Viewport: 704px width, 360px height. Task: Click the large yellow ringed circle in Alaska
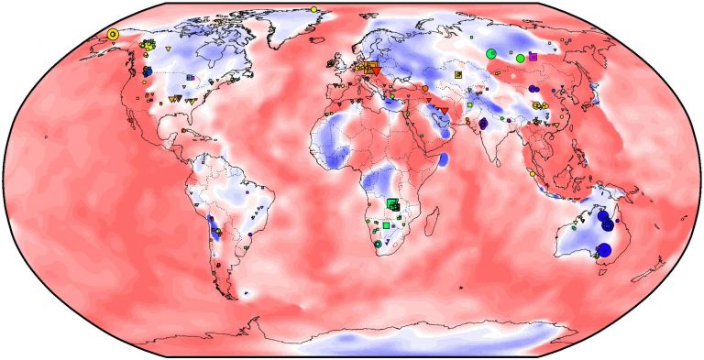pyautogui.click(x=113, y=34)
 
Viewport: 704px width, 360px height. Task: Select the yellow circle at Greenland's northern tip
pyautogui.click(x=314, y=9)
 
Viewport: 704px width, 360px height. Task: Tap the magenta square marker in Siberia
pyautogui.click(x=533, y=57)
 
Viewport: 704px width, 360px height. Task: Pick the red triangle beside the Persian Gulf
pyautogui.click(x=445, y=111)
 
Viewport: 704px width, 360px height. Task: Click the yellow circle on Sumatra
pyautogui.click(x=532, y=172)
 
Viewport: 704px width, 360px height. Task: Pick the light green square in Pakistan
pyautogui.click(x=469, y=106)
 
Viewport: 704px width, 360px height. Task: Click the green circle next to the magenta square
pyautogui.click(x=521, y=59)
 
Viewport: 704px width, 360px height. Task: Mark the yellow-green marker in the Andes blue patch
pyautogui.click(x=217, y=235)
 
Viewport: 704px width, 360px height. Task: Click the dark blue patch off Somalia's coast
pyautogui.click(x=443, y=161)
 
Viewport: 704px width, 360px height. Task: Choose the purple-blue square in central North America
pyautogui.click(x=190, y=78)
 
